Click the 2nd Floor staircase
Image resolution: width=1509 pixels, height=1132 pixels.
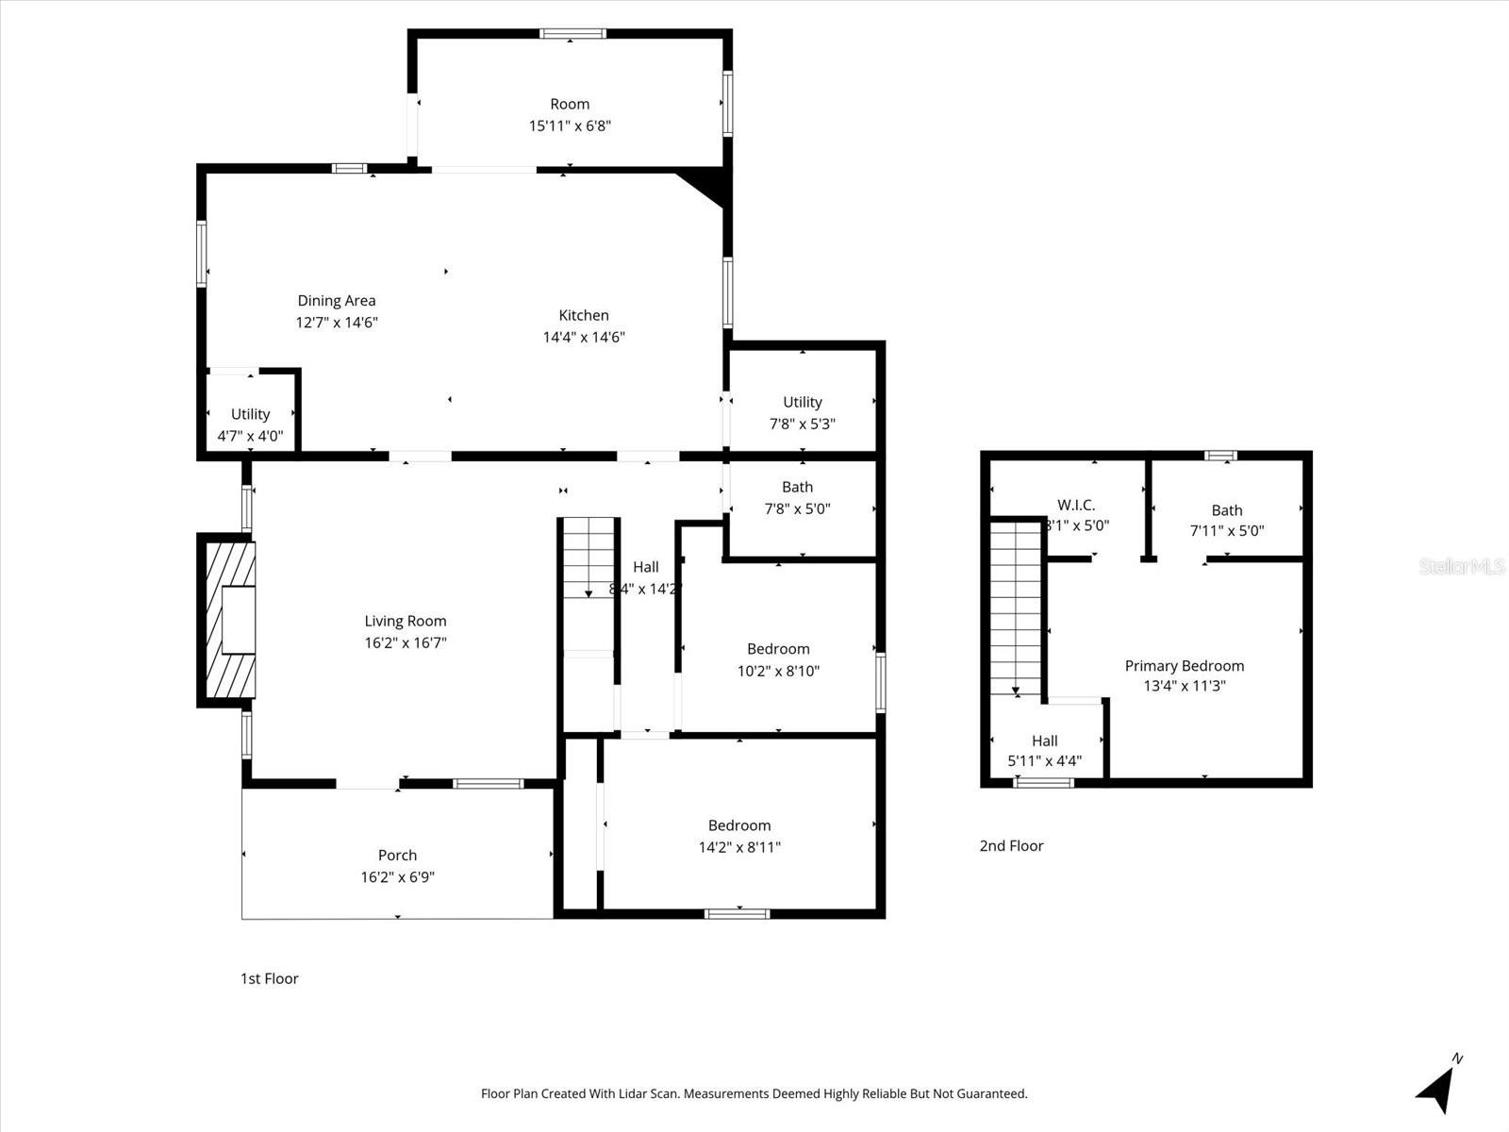[x=1016, y=608]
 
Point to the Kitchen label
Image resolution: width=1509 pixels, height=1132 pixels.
[x=584, y=316]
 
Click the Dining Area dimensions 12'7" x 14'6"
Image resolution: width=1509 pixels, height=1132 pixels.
[x=337, y=323]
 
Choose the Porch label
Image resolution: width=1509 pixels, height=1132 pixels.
[x=397, y=856]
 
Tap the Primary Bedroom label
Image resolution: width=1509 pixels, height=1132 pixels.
[x=1184, y=666]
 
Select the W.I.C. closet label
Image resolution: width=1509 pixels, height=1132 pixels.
[x=1076, y=506]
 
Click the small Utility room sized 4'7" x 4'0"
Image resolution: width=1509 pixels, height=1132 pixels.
[x=250, y=424]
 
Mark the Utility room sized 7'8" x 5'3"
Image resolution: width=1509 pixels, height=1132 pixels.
[x=803, y=412]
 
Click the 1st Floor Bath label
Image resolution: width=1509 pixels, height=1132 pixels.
[x=797, y=488]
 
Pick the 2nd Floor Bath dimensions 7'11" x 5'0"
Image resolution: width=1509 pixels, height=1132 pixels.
[x=1227, y=531]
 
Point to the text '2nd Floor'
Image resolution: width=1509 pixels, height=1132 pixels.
[x=1011, y=846]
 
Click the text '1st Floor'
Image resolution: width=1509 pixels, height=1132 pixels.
[x=269, y=979]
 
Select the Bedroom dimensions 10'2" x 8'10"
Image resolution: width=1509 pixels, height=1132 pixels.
[x=778, y=672]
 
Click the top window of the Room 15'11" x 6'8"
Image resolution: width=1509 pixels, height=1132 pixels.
[x=572, y=34]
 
